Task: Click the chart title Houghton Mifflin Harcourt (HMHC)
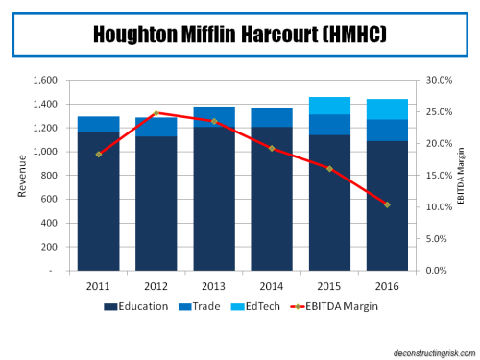coord(239,35)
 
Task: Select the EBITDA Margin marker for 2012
coord(156,113)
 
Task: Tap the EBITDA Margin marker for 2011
coord(99,155)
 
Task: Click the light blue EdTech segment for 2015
coord(329,106)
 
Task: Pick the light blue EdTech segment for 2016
coord(387,108)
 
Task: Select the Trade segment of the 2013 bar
coord(214,116)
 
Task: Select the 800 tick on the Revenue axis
coord(47,176)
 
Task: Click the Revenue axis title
coord(21,176)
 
